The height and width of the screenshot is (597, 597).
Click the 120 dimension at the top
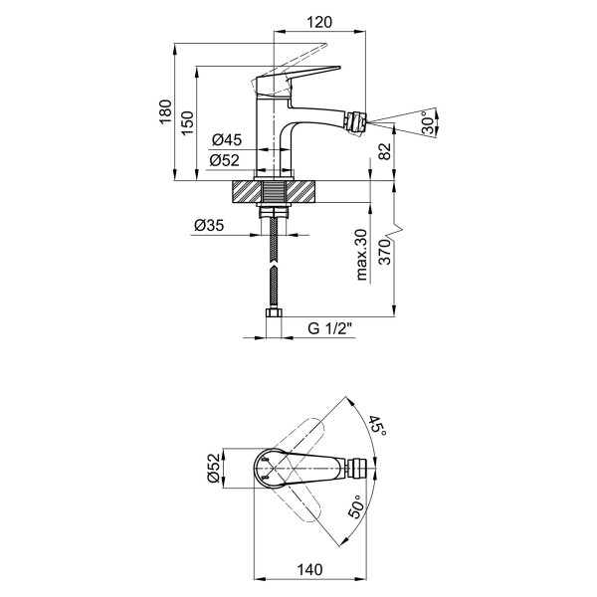pyautogui.click(x=317, y=21)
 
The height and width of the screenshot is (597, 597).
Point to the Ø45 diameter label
pyautogui.click(x=226, y=139)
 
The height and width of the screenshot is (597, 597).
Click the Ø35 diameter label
pyautogui.click(x=208, y=226)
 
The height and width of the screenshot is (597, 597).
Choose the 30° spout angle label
pyautogui.click(x=427, y=122)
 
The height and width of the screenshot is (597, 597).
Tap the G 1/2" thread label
pyautogui.click(x=329, y=327)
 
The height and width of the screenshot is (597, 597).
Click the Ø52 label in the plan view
pyautogui.click(x=212, y=467)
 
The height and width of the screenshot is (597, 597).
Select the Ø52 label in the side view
pyautogui.click(x=226, y=160)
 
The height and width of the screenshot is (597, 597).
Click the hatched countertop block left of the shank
pyautogui.click(x=246, y=192)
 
